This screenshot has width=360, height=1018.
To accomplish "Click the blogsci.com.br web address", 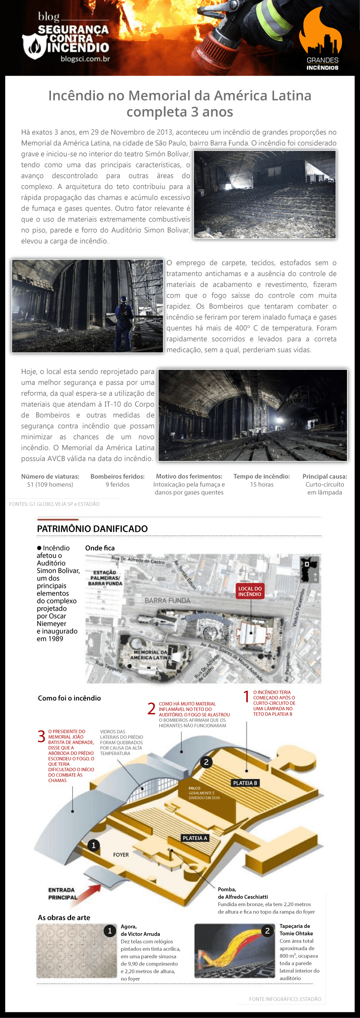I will [x=85, y=59].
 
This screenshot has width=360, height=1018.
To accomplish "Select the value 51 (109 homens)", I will [x=50, y=484].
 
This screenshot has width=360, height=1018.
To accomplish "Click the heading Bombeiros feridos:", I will [x=118, y=477].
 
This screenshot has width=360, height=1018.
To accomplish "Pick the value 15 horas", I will [x=262, y=484].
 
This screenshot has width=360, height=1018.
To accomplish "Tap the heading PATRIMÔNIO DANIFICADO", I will [x=92, y=528].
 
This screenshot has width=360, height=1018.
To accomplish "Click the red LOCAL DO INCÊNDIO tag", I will [x=250, y=591].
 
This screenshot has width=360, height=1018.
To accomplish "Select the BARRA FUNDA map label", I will [x=168, y=601].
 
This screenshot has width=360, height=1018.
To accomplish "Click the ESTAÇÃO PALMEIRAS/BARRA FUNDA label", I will [x=105, y=578].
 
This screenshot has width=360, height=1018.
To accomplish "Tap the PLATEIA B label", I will [x=245, y=783].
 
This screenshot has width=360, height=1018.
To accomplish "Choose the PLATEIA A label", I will [x=195, y=838].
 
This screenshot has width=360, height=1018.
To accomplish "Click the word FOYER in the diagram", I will [x=121, y=855].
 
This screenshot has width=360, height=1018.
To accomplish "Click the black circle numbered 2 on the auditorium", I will [x=206, y=762].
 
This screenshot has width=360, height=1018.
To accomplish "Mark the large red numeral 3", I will [x=41, y=736].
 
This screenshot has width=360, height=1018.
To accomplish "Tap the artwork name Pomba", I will [x=227, y=889].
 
